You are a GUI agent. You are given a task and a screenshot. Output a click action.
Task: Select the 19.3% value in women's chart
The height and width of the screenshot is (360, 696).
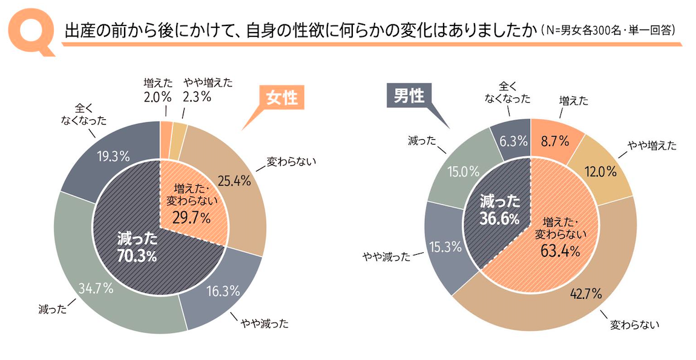click(x=114, y=156)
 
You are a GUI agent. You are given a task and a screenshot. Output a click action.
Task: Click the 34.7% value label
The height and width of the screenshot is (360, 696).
click(x=96, y=288)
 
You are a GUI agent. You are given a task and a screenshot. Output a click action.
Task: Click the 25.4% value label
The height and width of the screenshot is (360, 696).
click(x=234, y=180)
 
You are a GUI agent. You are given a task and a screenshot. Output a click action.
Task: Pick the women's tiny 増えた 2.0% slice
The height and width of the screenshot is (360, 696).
click(x=166, y=126)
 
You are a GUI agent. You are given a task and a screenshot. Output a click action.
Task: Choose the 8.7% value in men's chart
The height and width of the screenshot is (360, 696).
click(x=556, y=142)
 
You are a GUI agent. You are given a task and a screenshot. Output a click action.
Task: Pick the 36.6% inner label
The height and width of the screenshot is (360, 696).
click(x=499, y=218)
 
